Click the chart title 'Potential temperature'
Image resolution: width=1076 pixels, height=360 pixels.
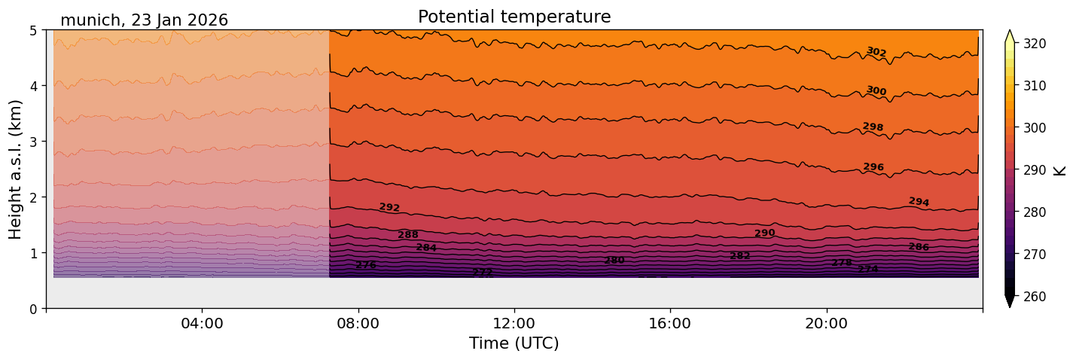click(514, 17)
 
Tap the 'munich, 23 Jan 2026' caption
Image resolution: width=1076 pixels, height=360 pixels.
click(144, 20)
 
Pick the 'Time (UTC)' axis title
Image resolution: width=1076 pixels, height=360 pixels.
click(514, 343)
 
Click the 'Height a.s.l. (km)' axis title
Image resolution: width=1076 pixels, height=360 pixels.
click(16, 169)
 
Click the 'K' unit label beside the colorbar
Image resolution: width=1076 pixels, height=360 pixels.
click(1061, 170)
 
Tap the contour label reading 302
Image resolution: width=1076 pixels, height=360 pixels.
click(876, 52)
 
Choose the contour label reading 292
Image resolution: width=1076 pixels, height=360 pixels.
click(389, 208)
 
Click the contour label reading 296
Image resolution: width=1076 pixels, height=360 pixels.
click(873, 167)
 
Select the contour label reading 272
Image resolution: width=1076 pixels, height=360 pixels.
click(482, 272)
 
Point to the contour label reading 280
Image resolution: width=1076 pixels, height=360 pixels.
click(614, 261)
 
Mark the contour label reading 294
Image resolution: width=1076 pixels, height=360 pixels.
click(919, 202)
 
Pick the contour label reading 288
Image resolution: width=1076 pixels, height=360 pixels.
click(408, 235)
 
